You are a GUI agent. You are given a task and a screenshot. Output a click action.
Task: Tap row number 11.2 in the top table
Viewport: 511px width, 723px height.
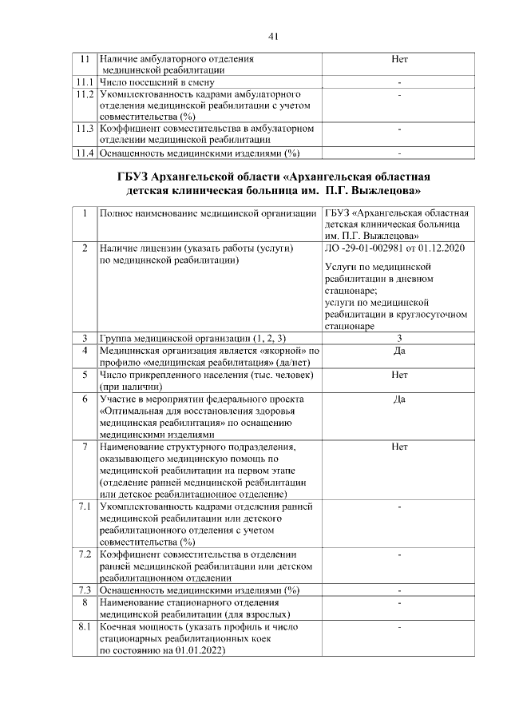[84, 94]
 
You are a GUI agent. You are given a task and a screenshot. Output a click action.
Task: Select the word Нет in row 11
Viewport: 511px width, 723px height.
[399, 59]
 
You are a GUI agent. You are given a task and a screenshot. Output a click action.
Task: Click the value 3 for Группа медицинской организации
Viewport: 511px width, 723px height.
[399, 338]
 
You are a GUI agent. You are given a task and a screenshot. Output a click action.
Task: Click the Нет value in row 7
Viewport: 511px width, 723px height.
[399, 447]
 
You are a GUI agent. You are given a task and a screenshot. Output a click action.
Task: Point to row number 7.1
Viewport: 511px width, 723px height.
[84, 506]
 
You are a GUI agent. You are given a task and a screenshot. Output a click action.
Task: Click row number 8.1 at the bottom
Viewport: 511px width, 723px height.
[84, 627]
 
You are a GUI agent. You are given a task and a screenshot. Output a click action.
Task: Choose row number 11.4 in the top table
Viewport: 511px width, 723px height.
[84, 153]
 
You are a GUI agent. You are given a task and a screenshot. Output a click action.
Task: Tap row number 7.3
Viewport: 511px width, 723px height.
[84, 590]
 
